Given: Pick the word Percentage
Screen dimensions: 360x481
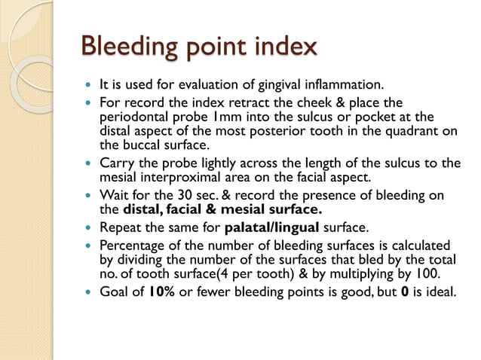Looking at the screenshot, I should tap(132, 246).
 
